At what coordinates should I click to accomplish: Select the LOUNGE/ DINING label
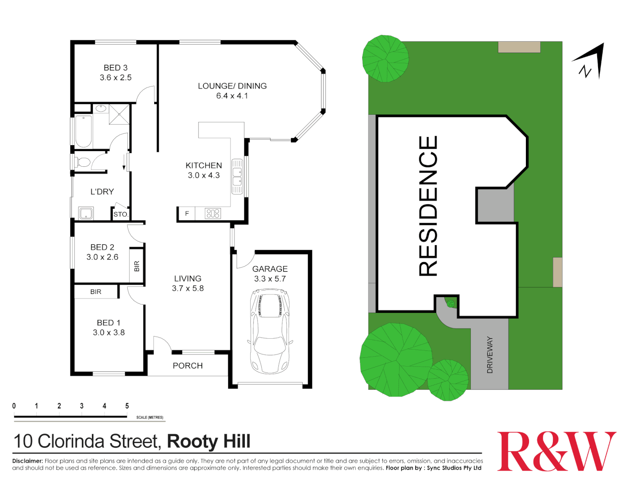[232, 86]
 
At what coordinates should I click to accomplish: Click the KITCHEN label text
[204, 165]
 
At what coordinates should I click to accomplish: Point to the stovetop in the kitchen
[213, 213]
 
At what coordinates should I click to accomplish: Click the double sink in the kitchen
[237, 176]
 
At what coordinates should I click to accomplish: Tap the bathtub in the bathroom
[83, 132]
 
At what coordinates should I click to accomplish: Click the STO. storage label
[121, 214]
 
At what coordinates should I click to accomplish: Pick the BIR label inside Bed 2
[137, 266]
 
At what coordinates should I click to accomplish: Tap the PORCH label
[187, 366]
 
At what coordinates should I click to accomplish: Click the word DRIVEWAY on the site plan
[490, 355]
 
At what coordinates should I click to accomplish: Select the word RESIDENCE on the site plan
[428, 206]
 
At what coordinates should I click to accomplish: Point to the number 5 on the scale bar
[127, 406]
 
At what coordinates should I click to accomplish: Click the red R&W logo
[556, 451]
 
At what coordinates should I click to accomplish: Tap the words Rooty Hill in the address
[208, 441]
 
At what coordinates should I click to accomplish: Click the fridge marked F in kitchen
[187, 214]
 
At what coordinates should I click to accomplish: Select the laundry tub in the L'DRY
[86, 213]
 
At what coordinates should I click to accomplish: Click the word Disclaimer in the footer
[27, 461]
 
